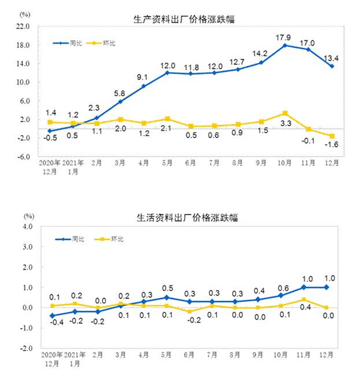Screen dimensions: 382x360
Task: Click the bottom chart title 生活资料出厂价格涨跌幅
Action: [186, 217]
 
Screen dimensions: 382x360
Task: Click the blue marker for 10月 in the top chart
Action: [284, 46]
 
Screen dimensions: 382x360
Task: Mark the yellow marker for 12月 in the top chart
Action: [332, 136]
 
